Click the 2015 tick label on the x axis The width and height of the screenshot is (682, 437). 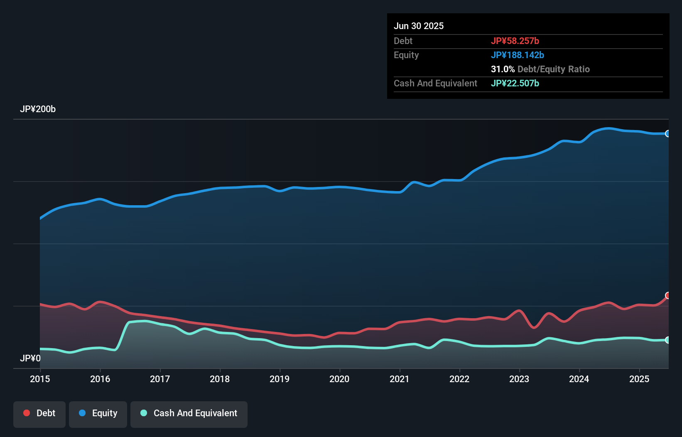(40, 379)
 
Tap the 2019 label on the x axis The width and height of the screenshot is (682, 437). (280, 379)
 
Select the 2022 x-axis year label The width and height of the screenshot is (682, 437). (459, 379)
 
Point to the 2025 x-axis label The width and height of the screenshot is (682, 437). (639, 379)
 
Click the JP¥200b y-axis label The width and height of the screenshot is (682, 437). (38, 109)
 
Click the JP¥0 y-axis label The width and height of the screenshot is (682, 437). (30, 358)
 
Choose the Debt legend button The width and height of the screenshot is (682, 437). (39, 413)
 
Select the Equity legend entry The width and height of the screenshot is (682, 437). (98, 413)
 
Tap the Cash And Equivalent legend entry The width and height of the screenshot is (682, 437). (189, 413)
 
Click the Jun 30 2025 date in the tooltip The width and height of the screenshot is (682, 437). (419, 26)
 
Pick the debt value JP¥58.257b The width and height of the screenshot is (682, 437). (515, 41)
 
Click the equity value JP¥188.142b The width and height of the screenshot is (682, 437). (518, 55)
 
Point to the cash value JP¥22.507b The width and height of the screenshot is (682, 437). (515, 83)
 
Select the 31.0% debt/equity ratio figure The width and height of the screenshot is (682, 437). (503, 69)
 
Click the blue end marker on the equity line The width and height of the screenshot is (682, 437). (668, 133)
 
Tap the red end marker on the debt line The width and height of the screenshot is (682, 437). (668, 295)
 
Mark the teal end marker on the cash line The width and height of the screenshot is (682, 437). (668, 340)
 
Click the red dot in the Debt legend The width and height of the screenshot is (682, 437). (27, 413)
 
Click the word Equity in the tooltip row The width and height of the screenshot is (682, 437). (406, 55)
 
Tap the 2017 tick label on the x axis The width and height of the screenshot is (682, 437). (160, 379)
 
